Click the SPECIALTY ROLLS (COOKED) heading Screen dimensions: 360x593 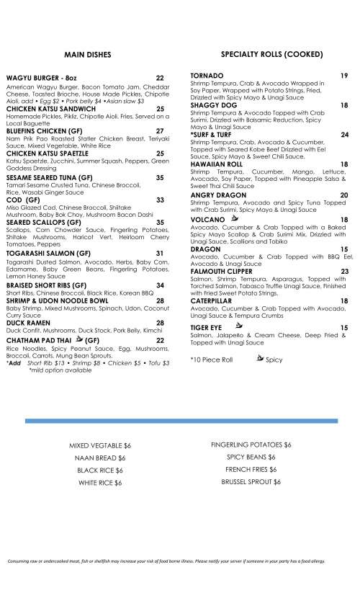click(266, 55)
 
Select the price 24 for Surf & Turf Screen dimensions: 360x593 click(344, 135)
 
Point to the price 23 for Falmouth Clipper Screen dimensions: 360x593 click(344, 271)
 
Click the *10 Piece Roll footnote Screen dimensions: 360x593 click(212, 359)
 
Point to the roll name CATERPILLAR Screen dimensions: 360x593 click(213, 300)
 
